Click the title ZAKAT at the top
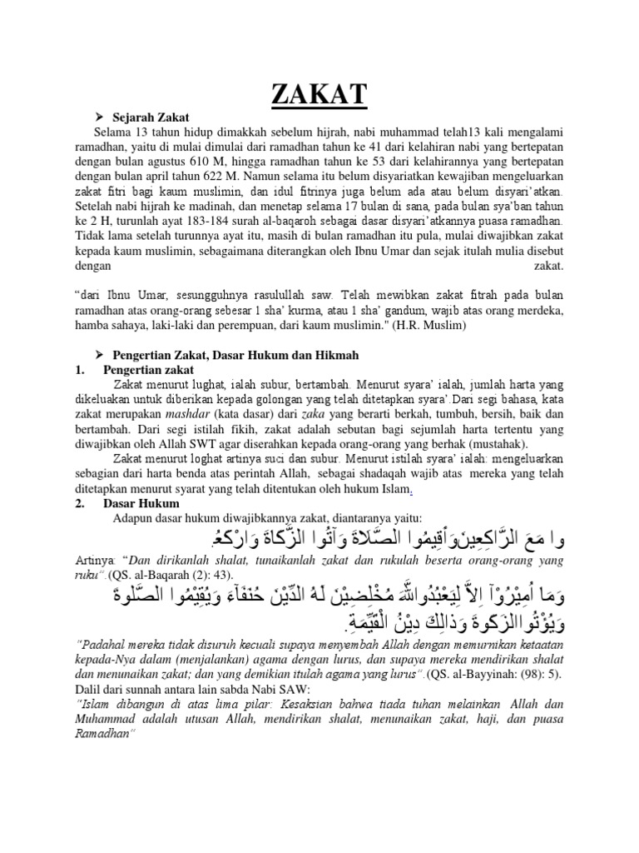point(319,94)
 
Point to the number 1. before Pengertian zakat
point(79,369)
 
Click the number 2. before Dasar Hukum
point(79,504)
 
